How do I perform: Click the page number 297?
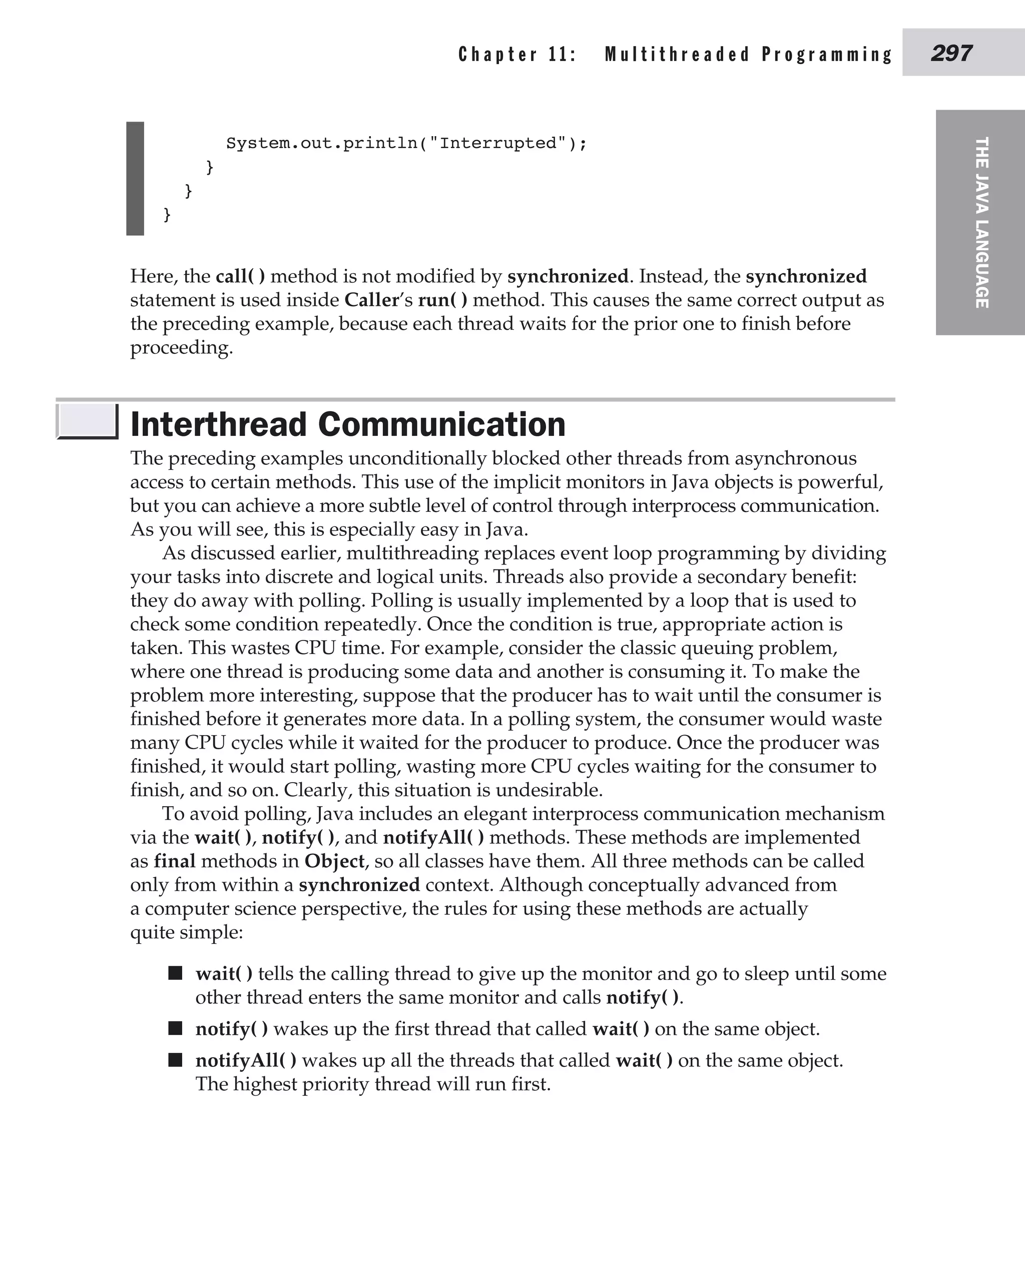951,53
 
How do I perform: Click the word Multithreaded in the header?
677,55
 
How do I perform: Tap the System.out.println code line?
406,144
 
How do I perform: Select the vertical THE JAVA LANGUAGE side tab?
981,223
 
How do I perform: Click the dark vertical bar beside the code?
135,178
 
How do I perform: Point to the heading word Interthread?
218,424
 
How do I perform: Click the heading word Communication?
441,424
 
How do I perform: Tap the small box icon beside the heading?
88,421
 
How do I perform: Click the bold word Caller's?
378,300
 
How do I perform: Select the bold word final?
174,861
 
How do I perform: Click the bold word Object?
334,861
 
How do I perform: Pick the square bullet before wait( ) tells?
175,973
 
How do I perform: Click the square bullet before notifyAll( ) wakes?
175,1060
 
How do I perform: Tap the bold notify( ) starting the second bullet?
231,1029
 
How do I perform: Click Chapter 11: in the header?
517,55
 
